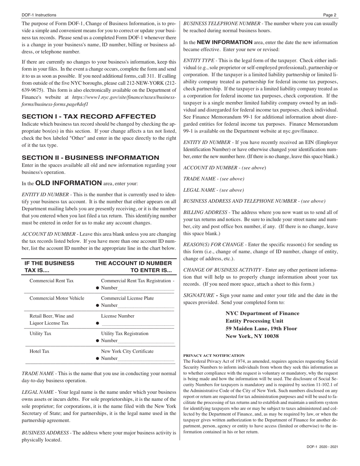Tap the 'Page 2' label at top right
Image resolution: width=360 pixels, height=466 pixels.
(x=330, y=15)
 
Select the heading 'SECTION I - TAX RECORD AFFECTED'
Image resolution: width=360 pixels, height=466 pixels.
(x=89, y=116)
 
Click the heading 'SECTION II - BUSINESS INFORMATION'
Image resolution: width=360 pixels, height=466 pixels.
(x=90, y=158)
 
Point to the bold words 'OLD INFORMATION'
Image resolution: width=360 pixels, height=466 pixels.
(x=68, y=183)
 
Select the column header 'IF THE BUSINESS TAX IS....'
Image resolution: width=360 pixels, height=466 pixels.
(x=49, y=267)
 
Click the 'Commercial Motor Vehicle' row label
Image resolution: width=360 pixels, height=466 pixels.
(x=57, y=298)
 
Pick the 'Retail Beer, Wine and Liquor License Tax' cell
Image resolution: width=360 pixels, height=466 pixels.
(x=52, y=319)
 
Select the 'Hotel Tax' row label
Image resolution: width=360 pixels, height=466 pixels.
(x=39, y=351)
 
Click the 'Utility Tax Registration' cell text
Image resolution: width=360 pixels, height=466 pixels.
(x=125, y=333)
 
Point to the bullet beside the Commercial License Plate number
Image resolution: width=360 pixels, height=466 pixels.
(x=98, y=305)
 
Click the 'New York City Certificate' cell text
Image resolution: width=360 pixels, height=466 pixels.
(x=127, y=351)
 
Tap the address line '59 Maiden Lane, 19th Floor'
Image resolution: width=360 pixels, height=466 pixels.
(x=261, y=328)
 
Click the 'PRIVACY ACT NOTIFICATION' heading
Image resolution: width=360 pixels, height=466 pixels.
(x=214, y=355)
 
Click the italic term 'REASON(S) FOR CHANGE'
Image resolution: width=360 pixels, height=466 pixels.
(x=213, y=245)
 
